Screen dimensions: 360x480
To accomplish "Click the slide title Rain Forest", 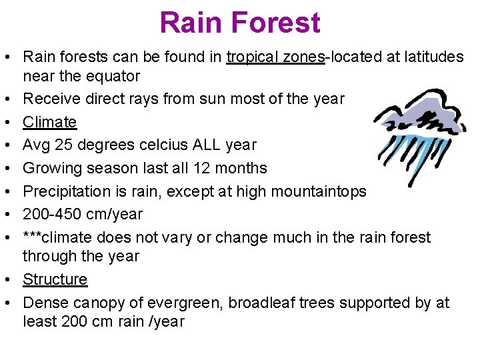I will click(240, 23).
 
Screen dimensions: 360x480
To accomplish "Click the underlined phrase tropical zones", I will click(275, 57).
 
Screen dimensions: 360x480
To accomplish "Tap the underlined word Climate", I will click(49, 122).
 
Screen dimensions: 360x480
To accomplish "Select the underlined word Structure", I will click(55, 279).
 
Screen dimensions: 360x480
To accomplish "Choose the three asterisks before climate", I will click(35, 237).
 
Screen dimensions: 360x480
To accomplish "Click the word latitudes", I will click(435, 57).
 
